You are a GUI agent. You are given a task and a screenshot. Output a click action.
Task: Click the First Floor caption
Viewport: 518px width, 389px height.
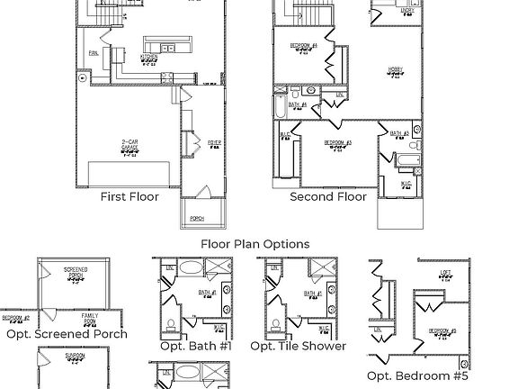click(129, 196)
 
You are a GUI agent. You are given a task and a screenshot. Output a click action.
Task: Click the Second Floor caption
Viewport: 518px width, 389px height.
click(328, 196)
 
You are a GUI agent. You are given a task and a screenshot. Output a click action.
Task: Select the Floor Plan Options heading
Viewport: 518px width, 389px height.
click(255, 244)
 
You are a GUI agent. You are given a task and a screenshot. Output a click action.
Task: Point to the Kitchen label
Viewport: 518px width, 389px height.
click(148, 57)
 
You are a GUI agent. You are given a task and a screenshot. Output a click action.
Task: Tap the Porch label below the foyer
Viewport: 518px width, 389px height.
click(197, 218)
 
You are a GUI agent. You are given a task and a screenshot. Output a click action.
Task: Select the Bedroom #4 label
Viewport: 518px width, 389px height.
click(304, 45)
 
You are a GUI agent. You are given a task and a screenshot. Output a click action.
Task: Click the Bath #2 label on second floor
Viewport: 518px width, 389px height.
click(400, 134)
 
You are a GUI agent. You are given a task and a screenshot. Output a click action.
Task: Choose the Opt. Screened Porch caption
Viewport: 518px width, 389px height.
click(67, 334)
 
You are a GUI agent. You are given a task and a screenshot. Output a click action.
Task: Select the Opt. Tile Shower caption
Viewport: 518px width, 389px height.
click(298, 346)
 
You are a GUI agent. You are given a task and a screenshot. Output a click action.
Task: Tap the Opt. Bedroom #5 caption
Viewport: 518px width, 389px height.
click(417, 375)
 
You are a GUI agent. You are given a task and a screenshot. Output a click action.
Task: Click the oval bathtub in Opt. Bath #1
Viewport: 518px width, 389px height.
click(191, 268)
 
